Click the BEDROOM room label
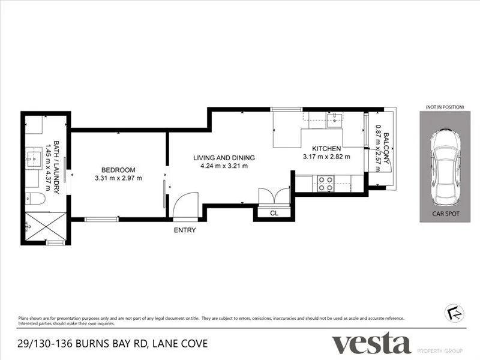(118, 169)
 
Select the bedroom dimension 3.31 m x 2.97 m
(118, 178)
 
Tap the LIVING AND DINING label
(224, 158)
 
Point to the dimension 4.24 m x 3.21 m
(224, 166)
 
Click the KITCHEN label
(326, 148)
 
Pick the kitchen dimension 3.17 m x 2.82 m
(326, 157)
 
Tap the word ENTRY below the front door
(184, 230)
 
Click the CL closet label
(274, 212)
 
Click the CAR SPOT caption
(445, 213)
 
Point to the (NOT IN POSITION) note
(445, 107)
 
